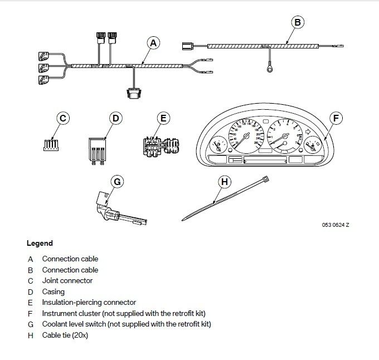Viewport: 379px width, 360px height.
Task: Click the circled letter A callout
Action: pyautogui.click(x=153, y=42)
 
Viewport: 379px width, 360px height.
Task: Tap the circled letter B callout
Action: pyautogui.click(x=297, y=22)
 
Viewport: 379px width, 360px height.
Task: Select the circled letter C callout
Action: pyautogui.click(x=63, y=118)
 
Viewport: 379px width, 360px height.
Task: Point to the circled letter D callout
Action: pyautogui.click(x=115, y=118)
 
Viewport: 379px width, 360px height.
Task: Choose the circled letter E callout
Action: pyautogui.click(x=163, y=118)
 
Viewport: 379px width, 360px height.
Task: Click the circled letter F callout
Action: pyautogui.click(x=335, y=118)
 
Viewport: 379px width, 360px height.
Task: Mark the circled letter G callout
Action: pyautogui.click(x=116, y=181)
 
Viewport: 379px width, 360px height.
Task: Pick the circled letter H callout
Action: pyautogui.click(x=224, y=181)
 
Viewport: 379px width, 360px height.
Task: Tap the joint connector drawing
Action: pyautogui.click(x=50, y=145)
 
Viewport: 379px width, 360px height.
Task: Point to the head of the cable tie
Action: pyautogui.click(x=265, y=180)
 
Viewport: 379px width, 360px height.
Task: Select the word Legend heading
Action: pyautogui.click(x=40, y=244)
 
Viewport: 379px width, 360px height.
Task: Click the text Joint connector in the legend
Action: pyautogui.click(x=67, y=281)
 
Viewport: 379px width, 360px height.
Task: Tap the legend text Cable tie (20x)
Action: pyautogui.click(x=65, y=335)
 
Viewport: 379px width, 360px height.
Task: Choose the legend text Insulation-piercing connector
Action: pyautogui.click(x=89, y=303)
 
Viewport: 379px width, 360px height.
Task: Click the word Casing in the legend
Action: pyautogui.click(x=54, y=291)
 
